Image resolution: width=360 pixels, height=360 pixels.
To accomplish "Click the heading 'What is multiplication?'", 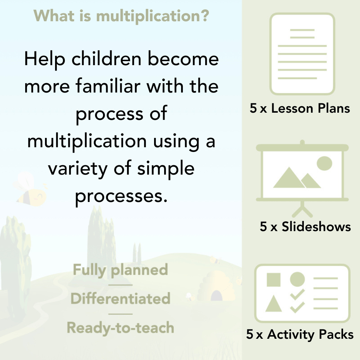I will click(121, 15).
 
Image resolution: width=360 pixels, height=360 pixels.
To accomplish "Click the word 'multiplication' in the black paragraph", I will click(87, 141).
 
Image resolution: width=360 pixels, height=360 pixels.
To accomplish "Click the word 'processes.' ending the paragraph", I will click(122, 196).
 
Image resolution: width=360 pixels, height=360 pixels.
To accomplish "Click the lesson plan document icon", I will click(302, 54).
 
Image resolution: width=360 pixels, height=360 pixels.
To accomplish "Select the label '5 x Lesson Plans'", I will click(300, 108).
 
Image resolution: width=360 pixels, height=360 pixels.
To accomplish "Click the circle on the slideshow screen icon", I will click(324, 163).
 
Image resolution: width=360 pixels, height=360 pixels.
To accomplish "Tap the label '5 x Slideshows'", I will click(305, 227).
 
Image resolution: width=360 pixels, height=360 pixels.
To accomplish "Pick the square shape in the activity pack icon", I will click(274, 280).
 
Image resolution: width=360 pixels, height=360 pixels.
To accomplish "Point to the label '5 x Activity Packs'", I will click(300, 335).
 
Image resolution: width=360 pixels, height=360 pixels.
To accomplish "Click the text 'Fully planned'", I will click(120, 270).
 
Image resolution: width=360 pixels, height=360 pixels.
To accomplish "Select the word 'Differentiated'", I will click(120, 299).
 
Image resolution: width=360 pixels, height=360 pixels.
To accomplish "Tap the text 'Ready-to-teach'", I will click(120, 328).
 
